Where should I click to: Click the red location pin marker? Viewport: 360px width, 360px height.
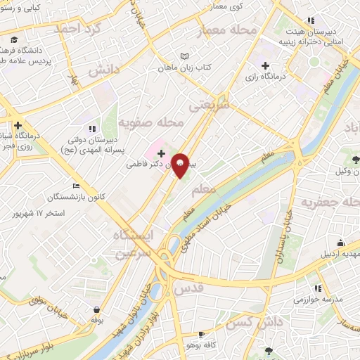pyautogui.click(x=181, y=164)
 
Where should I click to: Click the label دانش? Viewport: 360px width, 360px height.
pyautogui.click(x=103, y=72)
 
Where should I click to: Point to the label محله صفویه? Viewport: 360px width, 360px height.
pyautogui.click(x=150, y=123)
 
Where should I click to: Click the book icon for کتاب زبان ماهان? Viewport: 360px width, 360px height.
pyautogui.click(x=185, y=56)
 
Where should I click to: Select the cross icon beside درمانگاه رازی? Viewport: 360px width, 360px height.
pyautogui.click(x=265, y=65)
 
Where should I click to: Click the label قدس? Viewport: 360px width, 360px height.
pyautogui.click(x=188, y=288)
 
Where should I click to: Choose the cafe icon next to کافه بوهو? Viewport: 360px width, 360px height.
pyautogui.click(x=202, y=335)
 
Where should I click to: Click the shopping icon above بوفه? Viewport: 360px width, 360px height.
pyautogui.click(x=96, y=309)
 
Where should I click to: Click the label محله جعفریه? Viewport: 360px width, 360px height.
pyautogui.click(x=330, y=203)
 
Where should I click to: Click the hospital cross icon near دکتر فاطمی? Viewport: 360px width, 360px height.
pyautogui.click(x=161, y=153)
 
